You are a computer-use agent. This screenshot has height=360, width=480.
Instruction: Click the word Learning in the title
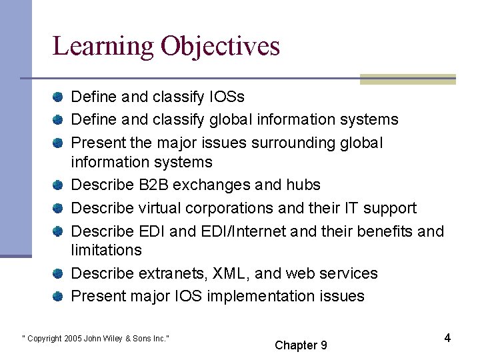click(x=103, y=47)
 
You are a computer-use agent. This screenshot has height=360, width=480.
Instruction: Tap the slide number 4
click(x=447, y=338)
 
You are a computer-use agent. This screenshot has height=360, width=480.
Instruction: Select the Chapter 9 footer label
click(x=301, y=345)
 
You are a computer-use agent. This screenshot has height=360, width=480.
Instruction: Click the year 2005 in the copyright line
click(x=74, y=339)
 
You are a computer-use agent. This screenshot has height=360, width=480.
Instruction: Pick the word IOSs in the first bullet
click(x=227, y=97)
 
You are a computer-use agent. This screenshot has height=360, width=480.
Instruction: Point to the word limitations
click(x=106, y=250)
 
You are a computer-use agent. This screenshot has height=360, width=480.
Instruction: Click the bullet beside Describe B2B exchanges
click(x=59, y=185)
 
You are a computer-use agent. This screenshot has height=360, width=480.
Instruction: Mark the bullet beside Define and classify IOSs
click(x=59, y=97)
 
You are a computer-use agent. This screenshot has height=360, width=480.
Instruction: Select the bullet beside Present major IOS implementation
click(x=59, y=296)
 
